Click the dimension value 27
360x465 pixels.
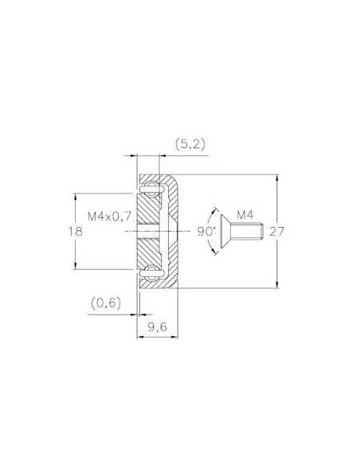(278, 231)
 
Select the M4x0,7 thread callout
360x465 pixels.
(108, 215)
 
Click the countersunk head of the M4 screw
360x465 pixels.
(228, 231)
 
